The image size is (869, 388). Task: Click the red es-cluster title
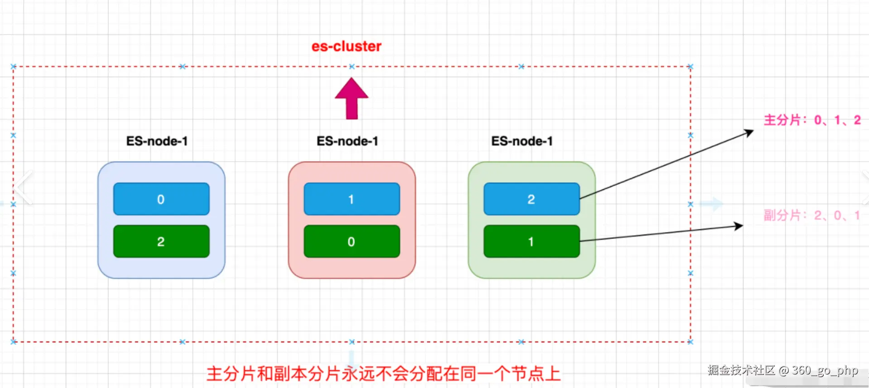click(x=346, y=46)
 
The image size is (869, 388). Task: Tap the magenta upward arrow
click(x=352, y=98)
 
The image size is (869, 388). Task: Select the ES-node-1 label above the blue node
click(x=157, y=141)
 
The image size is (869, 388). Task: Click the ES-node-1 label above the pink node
click(x=347, y=141)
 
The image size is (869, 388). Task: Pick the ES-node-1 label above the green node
click(x=522, y=141)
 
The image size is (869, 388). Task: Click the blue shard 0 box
click(x=161, y=199)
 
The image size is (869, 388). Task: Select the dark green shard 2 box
click(x=161, y=242)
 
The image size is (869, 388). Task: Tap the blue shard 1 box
click(x=352, y=199)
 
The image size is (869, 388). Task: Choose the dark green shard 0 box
click(x=352, y=242)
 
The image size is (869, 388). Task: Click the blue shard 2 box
click(x=531, y=199)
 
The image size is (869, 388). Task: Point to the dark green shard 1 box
click(x=531, y=242)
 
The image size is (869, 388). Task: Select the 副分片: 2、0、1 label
click(x=811, y=215)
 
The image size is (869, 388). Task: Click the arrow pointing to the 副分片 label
click(x=661, y=233)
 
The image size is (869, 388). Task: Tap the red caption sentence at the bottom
click(x=383, y=374)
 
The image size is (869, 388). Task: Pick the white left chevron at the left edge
click(x=24, y=187)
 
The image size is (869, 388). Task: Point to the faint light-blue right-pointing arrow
click(x=711, y=204)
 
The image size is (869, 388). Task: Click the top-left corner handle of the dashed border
click(x=14, y=67)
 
